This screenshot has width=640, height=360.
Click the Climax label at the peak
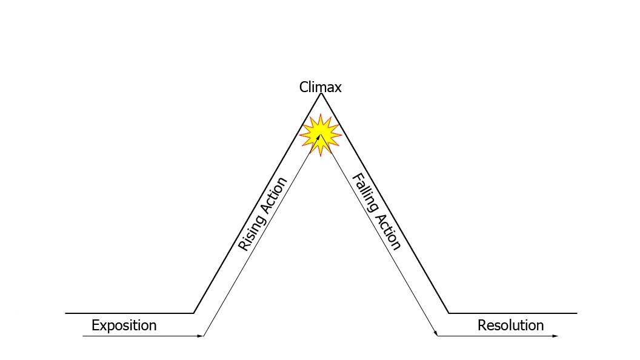(x=320, y=87)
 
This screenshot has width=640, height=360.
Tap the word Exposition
(x=124, y=325)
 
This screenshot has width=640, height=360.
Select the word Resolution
(x=510, y=325)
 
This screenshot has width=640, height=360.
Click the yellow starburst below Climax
(x=321, y=135)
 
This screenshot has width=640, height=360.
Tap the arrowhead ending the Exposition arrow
(x=202, y=336)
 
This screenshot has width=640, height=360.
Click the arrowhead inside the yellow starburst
(x=319, y=138)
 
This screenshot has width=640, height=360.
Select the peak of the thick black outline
(x=321, y=93)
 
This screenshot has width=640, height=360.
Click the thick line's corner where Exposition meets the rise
(x=193, y=313)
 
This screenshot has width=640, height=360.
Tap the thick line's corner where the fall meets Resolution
(x=449, y=313)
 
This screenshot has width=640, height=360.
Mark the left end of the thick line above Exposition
(x=66, y=313)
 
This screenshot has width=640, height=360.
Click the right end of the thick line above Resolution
(x=576, y=313)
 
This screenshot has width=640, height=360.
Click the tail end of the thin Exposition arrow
(x=84, y=336)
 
